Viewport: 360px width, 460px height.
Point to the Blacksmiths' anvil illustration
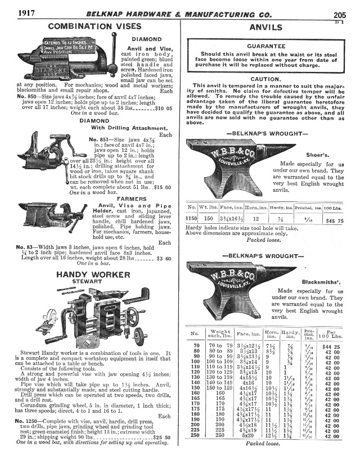click(227, 287)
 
